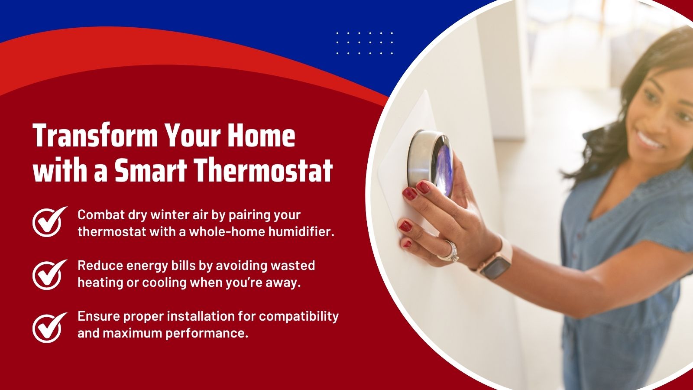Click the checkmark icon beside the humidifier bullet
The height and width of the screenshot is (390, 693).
pyautogui.click(x=49, y=221)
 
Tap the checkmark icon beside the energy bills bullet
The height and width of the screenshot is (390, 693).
pyautogui.click(x=49, y=274)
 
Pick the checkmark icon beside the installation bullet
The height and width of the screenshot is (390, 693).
pyautogui.click(x=49, y=327)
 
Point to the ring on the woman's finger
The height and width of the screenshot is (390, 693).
pyautogui.click(x=449, y=251)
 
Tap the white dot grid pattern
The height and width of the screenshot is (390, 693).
pyautogui.click(x=364, y=43)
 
